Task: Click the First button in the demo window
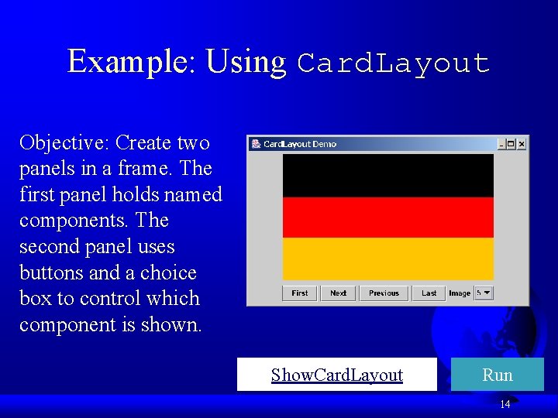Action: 300,293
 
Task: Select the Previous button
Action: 384,293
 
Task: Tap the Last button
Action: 429,293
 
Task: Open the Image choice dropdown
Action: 484,293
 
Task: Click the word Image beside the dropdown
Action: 460,293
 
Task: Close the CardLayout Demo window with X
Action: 522,144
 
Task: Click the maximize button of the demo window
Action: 511,144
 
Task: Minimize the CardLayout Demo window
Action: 501,144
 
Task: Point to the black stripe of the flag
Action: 387,175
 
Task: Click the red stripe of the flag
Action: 387,218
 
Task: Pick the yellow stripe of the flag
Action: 387,259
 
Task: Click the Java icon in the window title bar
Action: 255,144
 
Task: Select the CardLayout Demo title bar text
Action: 300,144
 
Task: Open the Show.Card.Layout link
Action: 337,375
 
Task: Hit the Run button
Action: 498,375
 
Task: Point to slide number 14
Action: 505,404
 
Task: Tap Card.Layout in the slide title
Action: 394,63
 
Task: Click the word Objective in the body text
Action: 64,143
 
